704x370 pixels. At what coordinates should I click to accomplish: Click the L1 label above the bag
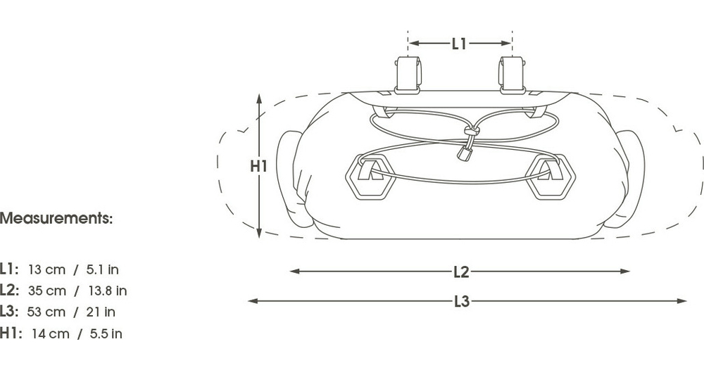pos(459,44)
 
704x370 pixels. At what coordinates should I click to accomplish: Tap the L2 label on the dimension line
pos(461,272)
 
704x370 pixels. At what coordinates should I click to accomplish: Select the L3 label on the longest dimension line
pos(462,301)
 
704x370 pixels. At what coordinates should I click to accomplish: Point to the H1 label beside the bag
pos(258,167)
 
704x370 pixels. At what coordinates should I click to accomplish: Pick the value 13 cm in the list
pos(46,269)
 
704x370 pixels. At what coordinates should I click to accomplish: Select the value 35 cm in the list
pos(47,291)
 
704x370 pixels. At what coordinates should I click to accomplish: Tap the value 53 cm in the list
pos(46,312)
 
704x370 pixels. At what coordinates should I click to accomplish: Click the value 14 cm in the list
pos(51,333)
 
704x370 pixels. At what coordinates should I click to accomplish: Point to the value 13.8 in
pos(108,291)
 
